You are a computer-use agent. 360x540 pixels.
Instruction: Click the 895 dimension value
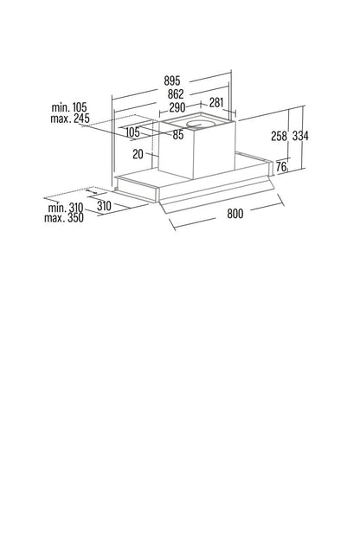(172, 81)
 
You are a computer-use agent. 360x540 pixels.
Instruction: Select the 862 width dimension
(176, 94)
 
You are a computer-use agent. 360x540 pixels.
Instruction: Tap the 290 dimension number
(177, 108)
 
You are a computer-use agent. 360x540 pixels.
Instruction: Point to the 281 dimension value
(216, 103)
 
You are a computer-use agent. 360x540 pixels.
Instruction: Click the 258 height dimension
(279, 137)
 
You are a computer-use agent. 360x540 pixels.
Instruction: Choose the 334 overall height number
(300, 136)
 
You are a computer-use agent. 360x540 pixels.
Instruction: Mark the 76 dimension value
(281, 167)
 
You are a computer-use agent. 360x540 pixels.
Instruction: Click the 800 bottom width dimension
(235, 214)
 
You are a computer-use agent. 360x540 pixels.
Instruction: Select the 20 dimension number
(138, 154)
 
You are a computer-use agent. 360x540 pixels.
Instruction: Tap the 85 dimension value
(178, 135)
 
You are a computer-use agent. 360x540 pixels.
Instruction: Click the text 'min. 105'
(69, 107)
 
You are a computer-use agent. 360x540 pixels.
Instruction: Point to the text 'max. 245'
(70, 119)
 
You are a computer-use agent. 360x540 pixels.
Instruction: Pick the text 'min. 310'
(66, 208)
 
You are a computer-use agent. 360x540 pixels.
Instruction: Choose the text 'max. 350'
(64, 218)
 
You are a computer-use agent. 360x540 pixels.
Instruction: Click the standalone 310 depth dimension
(104, 206)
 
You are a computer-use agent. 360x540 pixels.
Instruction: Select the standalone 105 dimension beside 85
(132, 132)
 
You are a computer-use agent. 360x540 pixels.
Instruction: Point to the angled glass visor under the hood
(217, 196)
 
